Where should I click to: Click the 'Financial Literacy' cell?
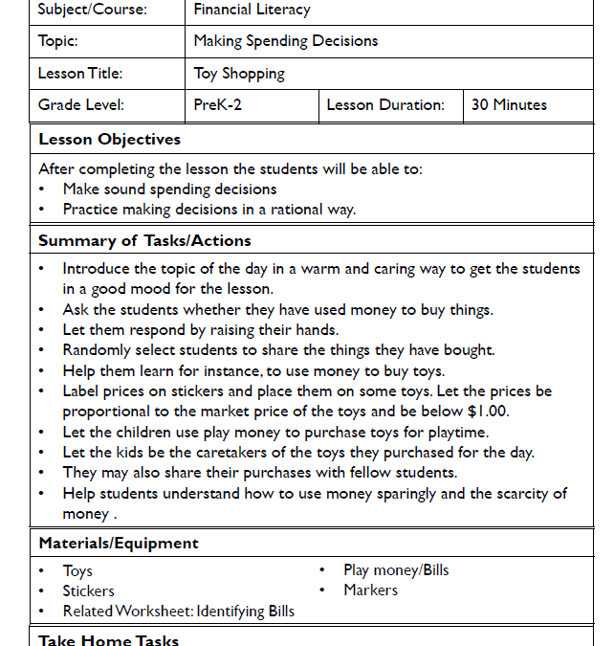(x=252, y=11)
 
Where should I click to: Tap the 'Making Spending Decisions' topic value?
(x=285, y=41)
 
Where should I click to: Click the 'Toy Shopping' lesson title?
(x=239, y=73)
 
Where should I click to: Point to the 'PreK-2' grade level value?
(x=217, y=105)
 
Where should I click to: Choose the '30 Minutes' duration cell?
(x=509, y=105)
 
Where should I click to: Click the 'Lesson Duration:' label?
(x=384, y=105)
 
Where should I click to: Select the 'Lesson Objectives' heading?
(x=109, y=140)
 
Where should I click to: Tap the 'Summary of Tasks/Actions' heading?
(x=144, y=240)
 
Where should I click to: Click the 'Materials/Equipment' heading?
(x=119, y=543)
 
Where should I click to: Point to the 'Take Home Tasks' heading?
(x=108, y=639)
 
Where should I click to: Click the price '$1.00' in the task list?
(x=489, y=412)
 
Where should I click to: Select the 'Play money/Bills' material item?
(x=396, y=570)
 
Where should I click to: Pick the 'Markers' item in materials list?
(x=370, y=590)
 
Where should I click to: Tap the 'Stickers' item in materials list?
(x=88, y=591)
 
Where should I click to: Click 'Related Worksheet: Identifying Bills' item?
(x=178, y=612)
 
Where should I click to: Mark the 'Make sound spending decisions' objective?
(x=169, y=189)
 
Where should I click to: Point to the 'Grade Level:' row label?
(x=81, y=105)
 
